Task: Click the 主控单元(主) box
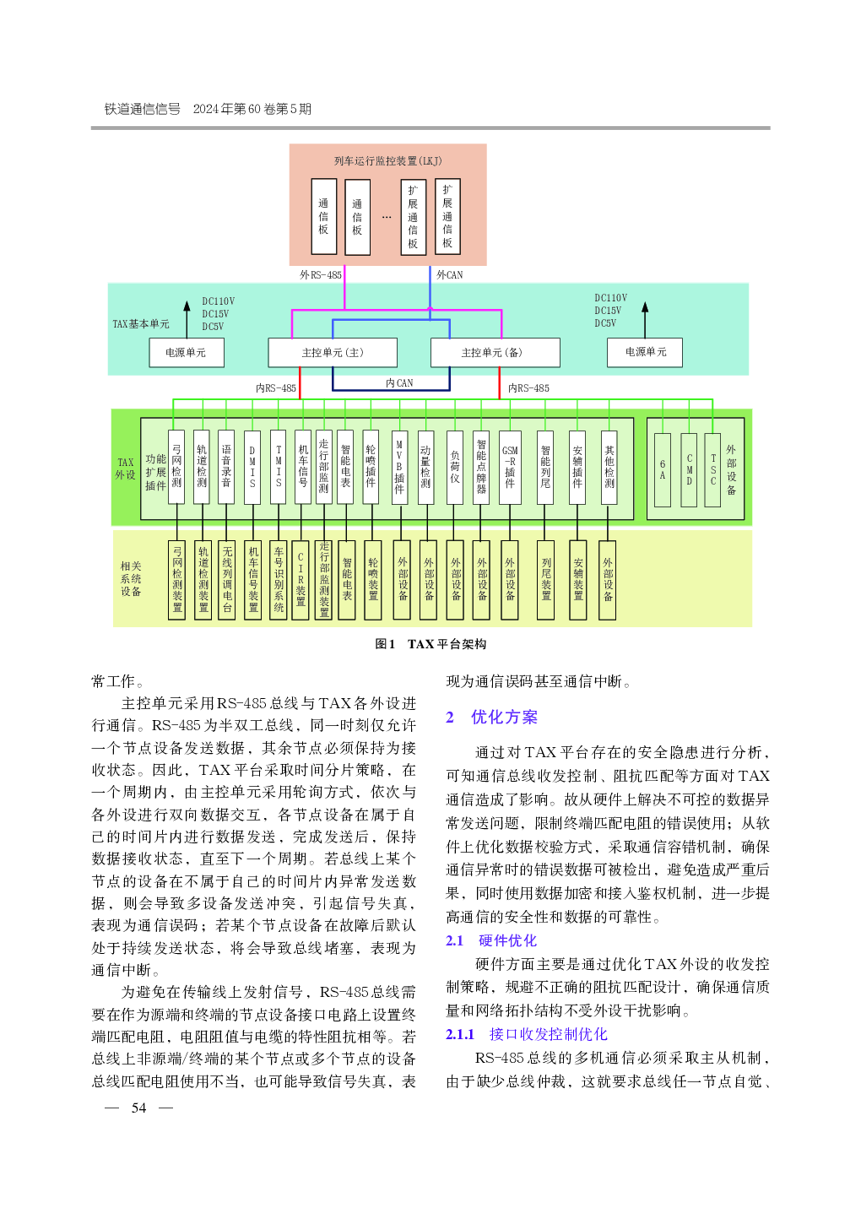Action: coord(332,352)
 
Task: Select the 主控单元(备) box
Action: coord(495,352)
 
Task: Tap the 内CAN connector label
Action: coord(399,382)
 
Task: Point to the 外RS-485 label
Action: coord(320,274)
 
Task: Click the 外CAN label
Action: coord(449,274)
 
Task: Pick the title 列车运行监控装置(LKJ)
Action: coord(387,160)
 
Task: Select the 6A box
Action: coord(662,469)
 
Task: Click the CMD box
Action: coord(689,469)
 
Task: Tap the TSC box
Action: coord(712,469)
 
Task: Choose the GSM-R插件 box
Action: coord(510,467)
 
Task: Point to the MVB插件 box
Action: coord(399,467)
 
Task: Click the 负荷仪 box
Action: coord(454,467)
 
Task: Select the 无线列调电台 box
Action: coord(227,580)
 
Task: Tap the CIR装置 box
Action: coord(301,580)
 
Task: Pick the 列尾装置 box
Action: coord(545,580)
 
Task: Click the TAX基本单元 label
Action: coord(141,323)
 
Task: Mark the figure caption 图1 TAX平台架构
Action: coord(430,644)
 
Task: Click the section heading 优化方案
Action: coord(504,717)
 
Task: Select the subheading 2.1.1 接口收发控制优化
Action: coord(526,1034)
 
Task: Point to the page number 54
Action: coord(138,1108)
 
